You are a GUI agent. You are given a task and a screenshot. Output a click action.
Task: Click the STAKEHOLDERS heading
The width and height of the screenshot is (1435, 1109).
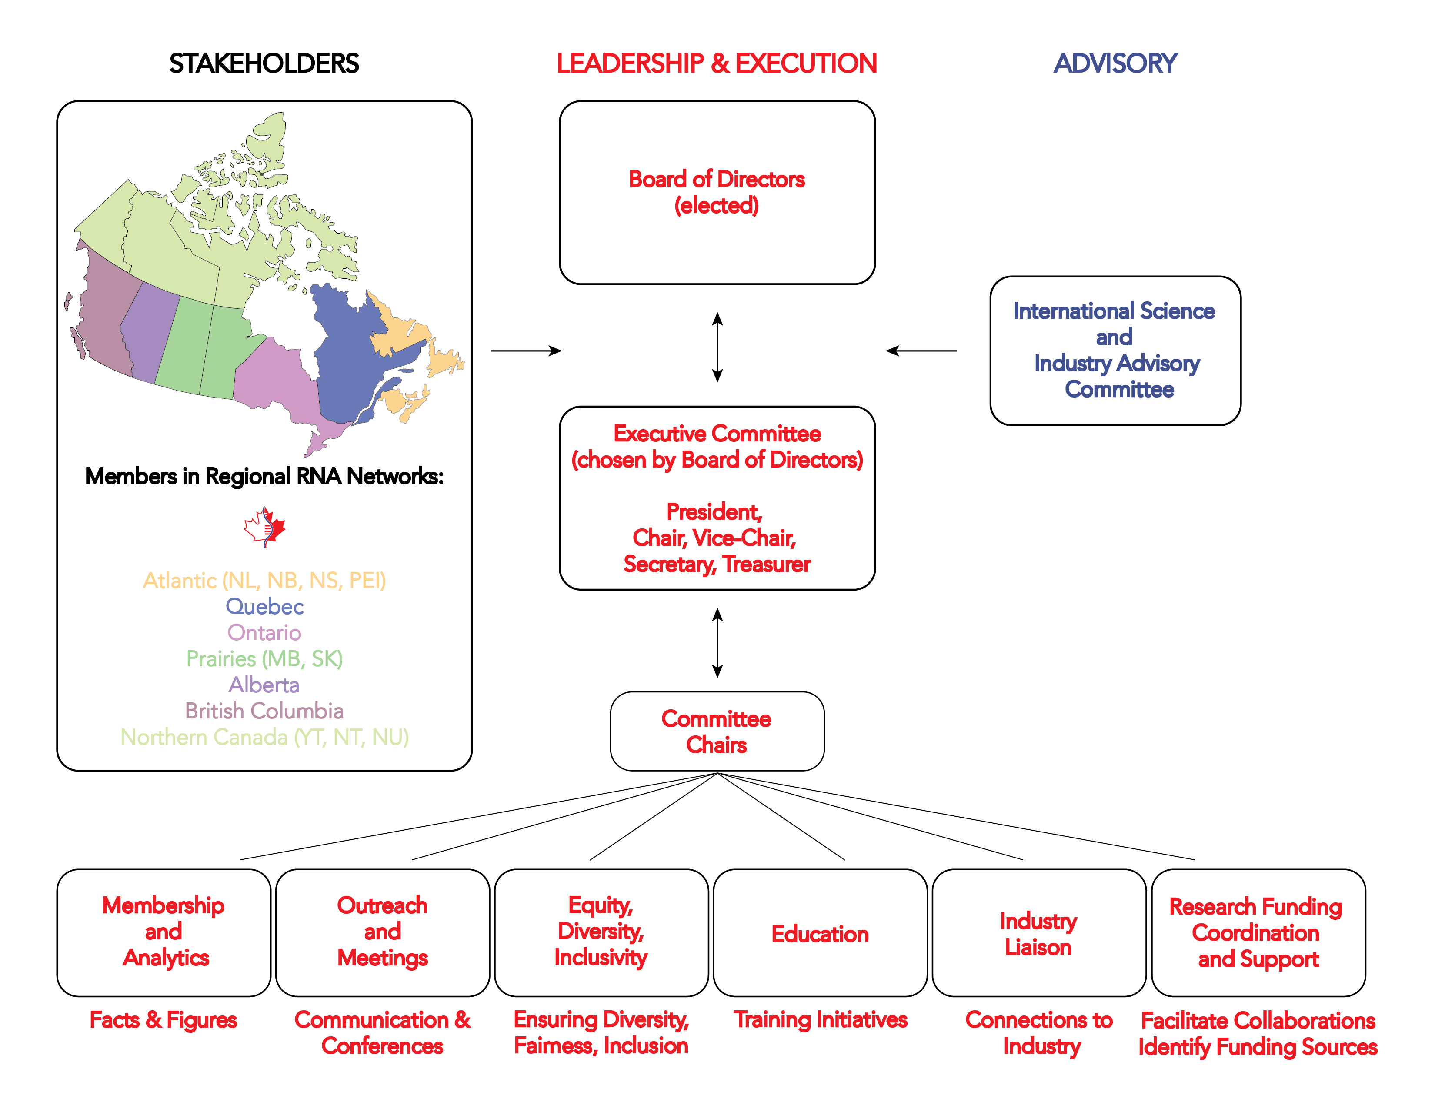(264, 64)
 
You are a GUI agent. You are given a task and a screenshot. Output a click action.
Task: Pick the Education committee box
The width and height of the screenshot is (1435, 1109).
(820, 933)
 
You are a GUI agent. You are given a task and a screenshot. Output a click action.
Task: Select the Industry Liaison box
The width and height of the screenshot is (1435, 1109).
(1039, 933)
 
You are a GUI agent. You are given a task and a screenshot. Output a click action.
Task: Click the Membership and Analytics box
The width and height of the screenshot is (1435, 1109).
(164, 933)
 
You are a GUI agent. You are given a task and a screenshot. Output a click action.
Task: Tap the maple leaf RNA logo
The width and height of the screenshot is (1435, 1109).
(265, 527)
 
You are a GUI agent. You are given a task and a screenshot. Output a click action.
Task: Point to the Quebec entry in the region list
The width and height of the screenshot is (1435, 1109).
(265, 606)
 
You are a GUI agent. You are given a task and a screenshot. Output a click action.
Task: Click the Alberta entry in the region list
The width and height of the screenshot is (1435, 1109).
(264, 685)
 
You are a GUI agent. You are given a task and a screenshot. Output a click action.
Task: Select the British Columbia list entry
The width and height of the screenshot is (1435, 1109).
(264, 711)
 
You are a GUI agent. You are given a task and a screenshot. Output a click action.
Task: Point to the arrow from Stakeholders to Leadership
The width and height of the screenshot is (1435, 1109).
(526, 351)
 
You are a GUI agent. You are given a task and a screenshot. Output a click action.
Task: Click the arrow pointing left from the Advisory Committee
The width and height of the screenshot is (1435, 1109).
(921, 351)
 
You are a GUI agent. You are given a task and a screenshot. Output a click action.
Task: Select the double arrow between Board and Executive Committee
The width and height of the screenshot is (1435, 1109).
(717, 347)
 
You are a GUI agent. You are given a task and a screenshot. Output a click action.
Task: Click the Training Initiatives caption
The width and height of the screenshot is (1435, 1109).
(821, 1020)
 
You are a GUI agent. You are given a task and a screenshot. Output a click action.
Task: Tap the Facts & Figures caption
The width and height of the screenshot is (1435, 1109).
(164, 1020)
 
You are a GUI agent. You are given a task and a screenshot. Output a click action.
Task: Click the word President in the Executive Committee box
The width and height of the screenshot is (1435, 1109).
(714, 512)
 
